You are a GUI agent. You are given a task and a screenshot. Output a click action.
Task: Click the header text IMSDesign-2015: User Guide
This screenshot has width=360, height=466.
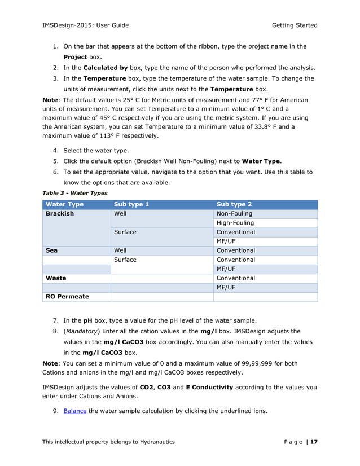pos(86,25)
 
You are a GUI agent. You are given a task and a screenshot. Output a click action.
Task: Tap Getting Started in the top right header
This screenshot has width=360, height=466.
pos(294,25)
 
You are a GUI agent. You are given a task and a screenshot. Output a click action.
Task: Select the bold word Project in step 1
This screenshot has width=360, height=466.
pos(75,57)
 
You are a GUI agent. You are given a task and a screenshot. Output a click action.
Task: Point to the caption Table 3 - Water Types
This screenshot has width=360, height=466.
pos(75,193)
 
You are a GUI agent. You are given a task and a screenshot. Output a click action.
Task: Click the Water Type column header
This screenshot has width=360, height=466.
pos(64,204)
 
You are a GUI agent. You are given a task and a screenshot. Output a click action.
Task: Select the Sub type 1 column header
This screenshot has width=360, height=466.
pos(131,204)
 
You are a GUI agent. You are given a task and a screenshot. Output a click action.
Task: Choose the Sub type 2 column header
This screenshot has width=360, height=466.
pos(234,204)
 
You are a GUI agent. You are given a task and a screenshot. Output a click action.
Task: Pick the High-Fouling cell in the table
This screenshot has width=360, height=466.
pos(235,223)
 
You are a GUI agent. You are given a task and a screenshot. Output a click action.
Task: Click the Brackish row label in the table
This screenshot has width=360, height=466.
pos(60,214)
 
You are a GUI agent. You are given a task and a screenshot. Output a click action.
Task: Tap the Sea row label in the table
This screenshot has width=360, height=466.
pos(52,250)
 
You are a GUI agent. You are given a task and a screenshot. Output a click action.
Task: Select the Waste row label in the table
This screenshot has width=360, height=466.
pos(56,278)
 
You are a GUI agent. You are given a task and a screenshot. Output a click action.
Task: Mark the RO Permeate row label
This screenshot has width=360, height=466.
pos(67,296)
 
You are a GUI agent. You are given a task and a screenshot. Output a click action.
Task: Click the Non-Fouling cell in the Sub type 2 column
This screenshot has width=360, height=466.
pos(234,214)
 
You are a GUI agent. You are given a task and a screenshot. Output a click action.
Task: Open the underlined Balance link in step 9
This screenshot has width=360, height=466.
pos(75,411)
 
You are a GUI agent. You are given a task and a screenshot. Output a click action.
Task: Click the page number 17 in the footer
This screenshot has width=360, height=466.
pos(314,442)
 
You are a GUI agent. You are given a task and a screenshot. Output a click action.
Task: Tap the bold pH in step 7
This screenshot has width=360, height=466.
pos(87,320)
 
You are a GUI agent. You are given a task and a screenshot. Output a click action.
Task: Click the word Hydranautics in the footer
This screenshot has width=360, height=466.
pos(153,442)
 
